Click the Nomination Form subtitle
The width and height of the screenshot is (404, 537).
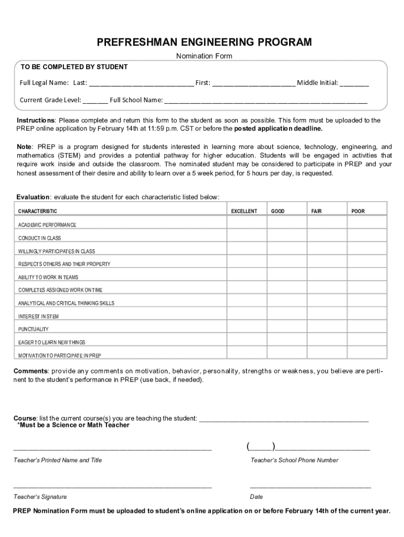click(x=204, y=56)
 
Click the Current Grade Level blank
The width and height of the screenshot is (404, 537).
click(x=95, y=101)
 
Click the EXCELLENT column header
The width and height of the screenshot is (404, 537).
click(x=244, y=211)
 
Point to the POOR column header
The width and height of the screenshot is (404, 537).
click(x=358, y=211)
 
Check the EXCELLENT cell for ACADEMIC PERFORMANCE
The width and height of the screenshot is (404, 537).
click(x=247, y=224)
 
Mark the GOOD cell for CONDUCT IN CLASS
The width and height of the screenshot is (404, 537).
click(x=287, y=238)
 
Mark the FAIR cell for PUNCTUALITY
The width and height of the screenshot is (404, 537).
click(x=327, y=329)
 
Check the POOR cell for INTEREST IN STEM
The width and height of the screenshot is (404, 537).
click(x=367, y=316)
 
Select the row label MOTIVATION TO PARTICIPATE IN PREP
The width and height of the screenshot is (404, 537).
click(x=60, y=356)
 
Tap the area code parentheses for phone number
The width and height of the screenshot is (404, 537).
click(x=261, y=447)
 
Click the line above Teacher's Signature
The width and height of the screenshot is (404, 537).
click(x=112, y=487)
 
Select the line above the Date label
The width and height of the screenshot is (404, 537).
click(x=310, y=487)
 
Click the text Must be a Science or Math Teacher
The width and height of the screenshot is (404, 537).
click(x=73, y=425)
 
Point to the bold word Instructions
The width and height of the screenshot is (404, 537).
click(x=35, y=121)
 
